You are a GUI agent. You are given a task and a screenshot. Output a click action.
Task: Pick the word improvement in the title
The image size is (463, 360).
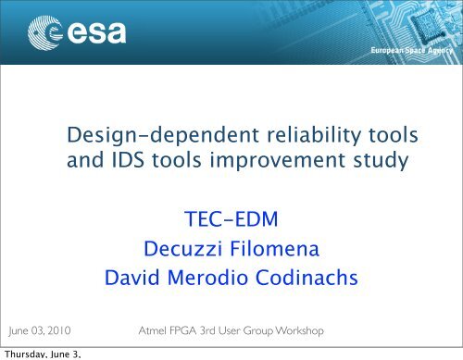273,163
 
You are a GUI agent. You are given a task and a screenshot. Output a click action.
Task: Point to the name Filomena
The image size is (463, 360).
276,249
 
